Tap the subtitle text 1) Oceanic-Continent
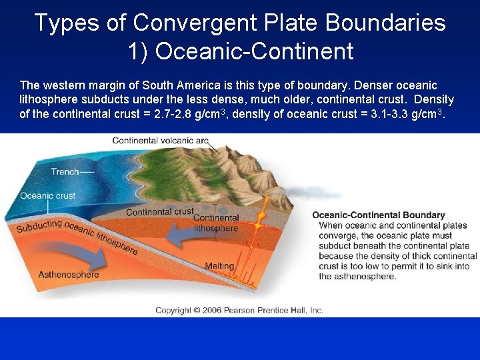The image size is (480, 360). tap(240, 51)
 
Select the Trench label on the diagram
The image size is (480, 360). tap(65, 171)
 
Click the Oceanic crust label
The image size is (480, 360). tap(47, 196)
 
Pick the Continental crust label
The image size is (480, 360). tap(159, 212)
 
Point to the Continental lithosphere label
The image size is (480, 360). tap(215, 223)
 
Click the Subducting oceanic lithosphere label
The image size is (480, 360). tap(77, 237)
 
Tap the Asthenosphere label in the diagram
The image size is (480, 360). tap(68, 274)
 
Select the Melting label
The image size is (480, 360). tap(219, 266)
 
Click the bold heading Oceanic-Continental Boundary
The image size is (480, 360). tap(378, 215)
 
